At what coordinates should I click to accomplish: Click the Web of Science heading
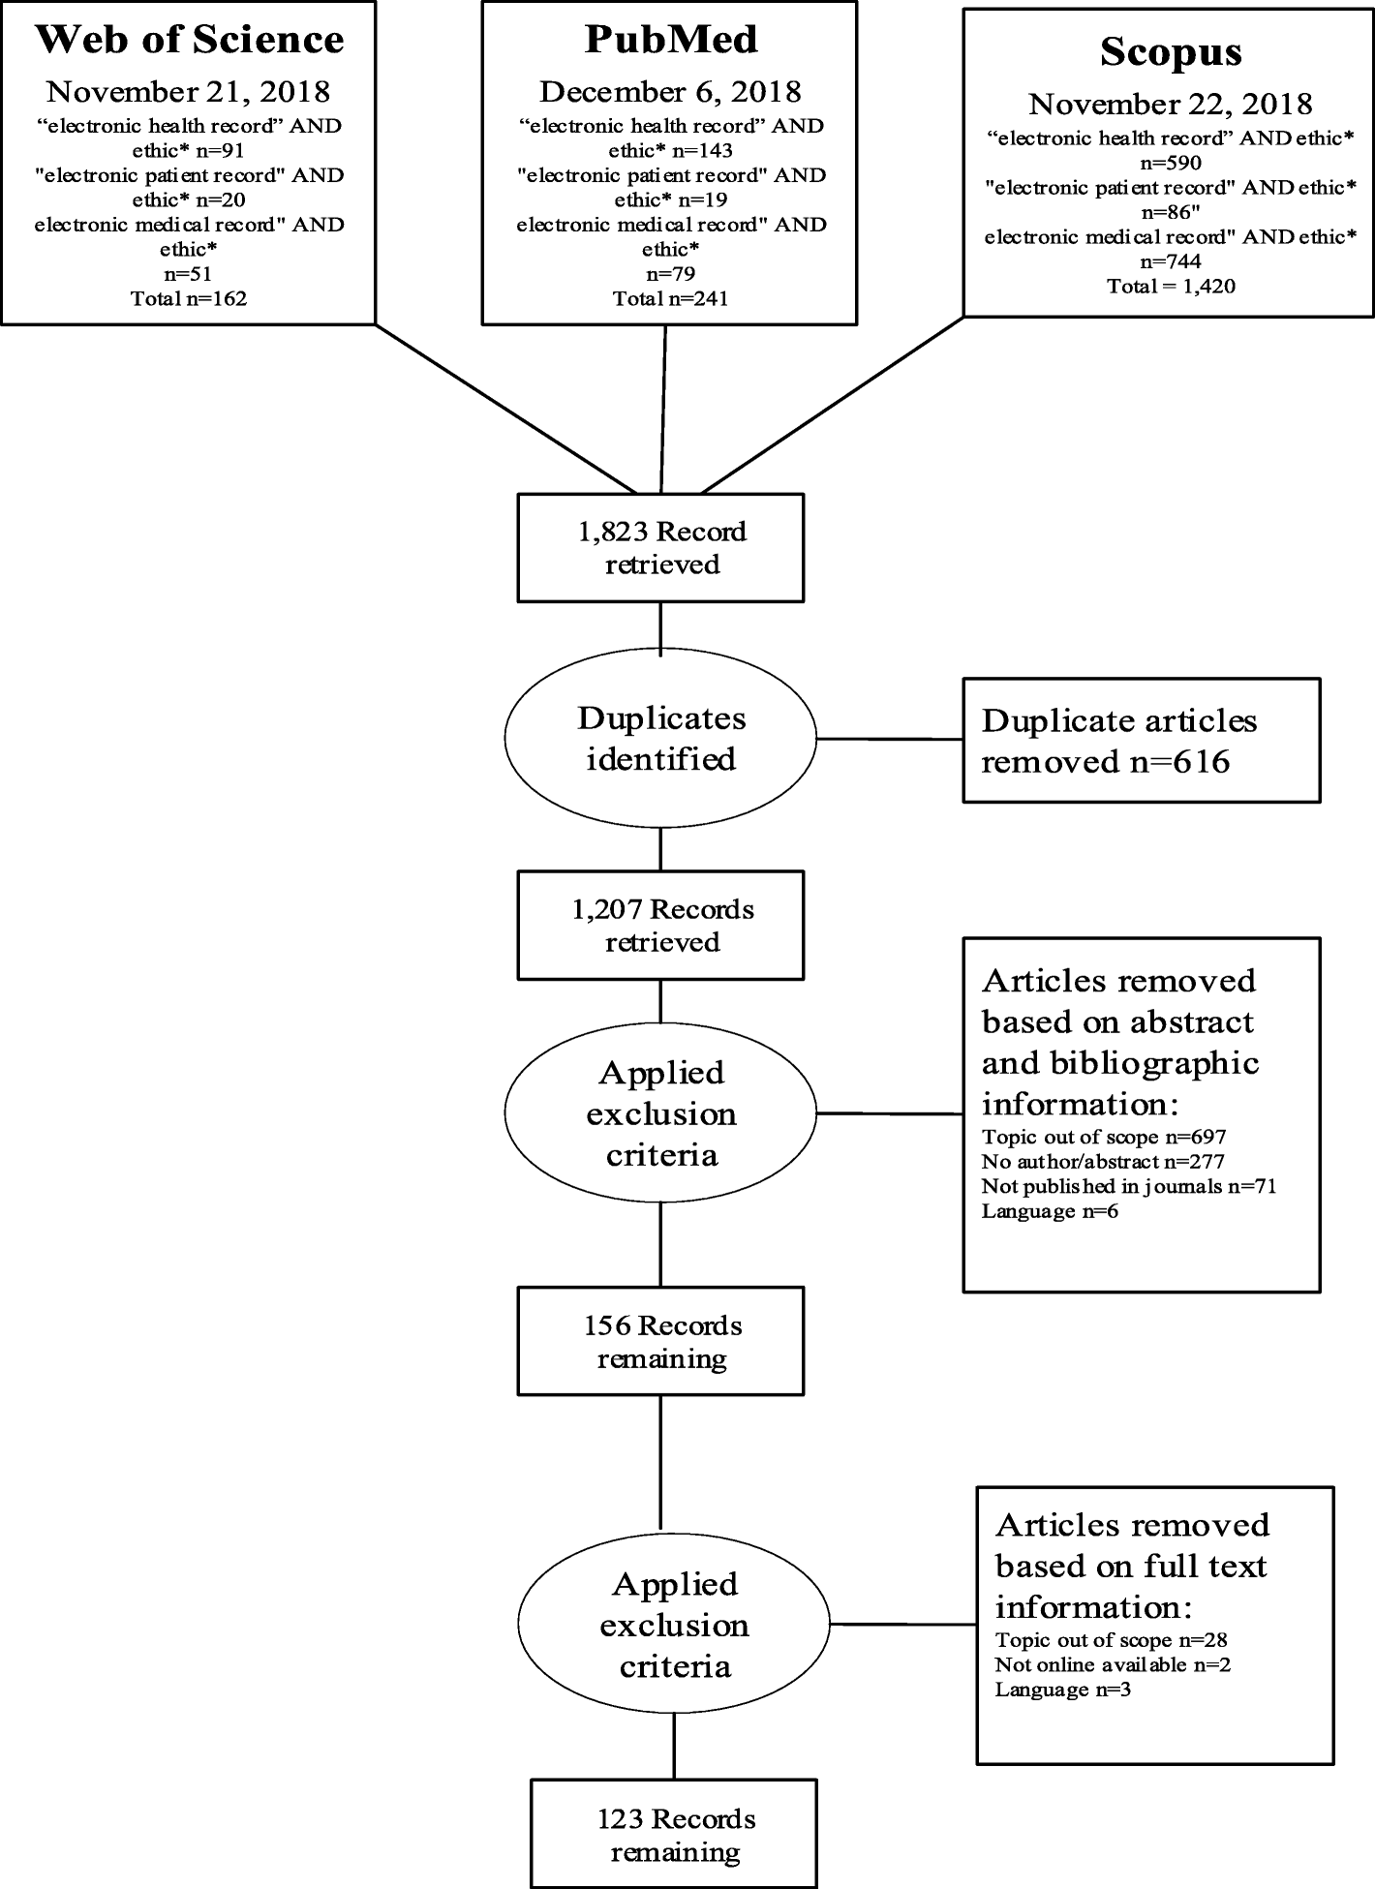click(x=189, y=40)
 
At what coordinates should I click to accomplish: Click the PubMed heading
click(x=670, y=40)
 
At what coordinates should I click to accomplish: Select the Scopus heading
click(x=1171, y=51)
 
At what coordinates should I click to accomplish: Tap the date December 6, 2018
click(x=670, y=92)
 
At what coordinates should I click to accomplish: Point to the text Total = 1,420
click(x=1171, y=286)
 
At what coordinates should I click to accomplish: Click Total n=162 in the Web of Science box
click(x=189, y=298)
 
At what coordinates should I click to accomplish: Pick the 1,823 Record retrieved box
click(x=661, y=547)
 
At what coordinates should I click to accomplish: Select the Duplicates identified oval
click(x=661, y=738)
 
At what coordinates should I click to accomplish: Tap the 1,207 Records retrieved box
click(x=661, y=925)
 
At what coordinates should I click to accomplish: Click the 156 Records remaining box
click(x=661, y=1341)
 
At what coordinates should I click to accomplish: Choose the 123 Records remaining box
click(x=674, y=1835)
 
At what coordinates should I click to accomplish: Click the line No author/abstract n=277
click(x=1103, y=1161)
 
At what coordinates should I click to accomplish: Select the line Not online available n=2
click(x=1113, y=1664)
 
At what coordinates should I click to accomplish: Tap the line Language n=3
click(x=1062, y=1689)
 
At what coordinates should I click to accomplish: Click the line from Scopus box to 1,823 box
click(x=833, y=404)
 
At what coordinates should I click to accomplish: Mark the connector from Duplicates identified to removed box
click(x=889, y=739)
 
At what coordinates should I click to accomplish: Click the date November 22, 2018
click(x=1171, y=104)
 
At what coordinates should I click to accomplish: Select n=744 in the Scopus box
click(x=1171, y=261)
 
